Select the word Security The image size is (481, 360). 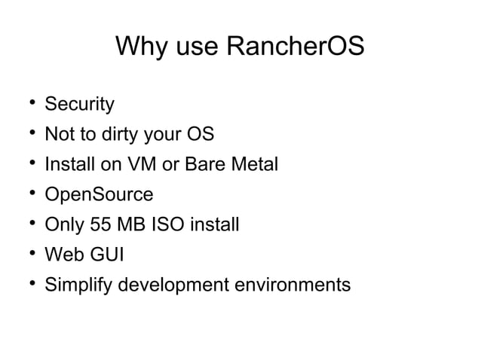(79, 103)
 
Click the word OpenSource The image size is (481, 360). (99, 195)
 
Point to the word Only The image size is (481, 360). (63, 224)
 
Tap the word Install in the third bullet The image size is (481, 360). (67, 164)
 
